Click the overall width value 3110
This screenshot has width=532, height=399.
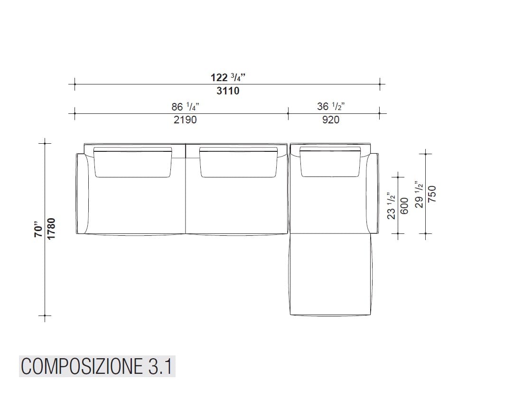(x=228, y=91)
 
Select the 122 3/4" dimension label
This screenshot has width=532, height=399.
(x=228, y=78)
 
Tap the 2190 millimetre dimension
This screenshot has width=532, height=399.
(x=185, y=120)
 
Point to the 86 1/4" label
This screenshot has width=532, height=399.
(x=185, y=107)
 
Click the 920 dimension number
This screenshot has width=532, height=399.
(x=331, y=120)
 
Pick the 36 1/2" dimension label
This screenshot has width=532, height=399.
(x=331, y=107)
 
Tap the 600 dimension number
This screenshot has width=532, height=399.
(x=404, y=205)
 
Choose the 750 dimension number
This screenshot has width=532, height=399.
(x=432, y=194)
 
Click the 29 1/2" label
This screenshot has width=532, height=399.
(x=419, y=194)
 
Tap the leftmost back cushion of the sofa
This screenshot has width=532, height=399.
(x=133, y=163)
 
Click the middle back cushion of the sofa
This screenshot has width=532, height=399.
(x=238, y=163)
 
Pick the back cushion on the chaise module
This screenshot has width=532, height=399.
(x=330, y=163)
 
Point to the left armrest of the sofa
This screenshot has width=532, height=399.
(x=83, y=194)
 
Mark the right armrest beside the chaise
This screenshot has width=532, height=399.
(x=373, y=194)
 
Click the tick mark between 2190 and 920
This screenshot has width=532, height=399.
(x=288, y=113)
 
